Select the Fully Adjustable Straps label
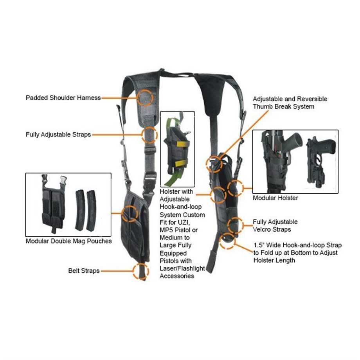point(58,134)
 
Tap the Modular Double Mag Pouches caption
point(68,241)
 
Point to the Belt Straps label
point(84,270)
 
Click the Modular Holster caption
point(275,198)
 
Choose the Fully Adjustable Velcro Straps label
point(275,226)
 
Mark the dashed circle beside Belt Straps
point(140,271)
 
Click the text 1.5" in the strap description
point(259,245)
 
